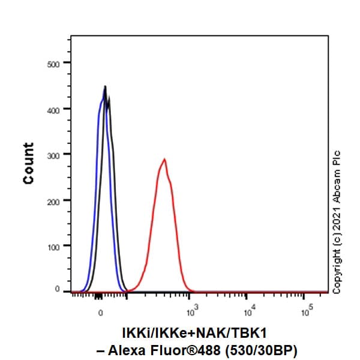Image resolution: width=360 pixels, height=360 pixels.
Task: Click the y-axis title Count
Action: point(28,163)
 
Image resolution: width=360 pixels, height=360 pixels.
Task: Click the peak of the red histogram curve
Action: point(164,160)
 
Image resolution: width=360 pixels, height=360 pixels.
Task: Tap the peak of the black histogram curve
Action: point(105,87)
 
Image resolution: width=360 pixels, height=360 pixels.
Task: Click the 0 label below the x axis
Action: point(101,313)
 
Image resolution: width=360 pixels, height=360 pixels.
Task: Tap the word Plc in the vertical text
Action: point(337,157)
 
